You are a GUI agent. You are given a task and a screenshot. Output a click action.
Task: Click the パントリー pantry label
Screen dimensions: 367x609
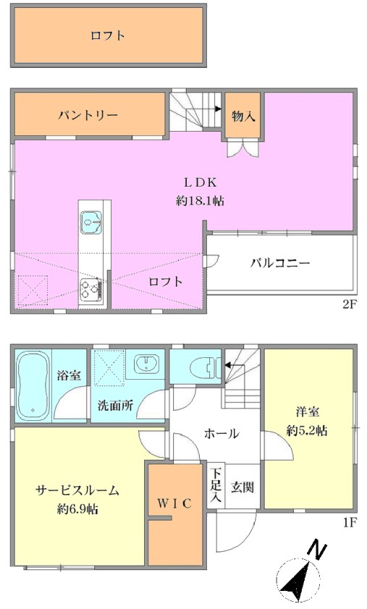(88, 115)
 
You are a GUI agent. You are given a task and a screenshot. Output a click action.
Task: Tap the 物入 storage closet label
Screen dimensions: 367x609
(243, 115)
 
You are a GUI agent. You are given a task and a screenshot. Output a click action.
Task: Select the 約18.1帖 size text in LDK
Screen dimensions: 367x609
(201, 200)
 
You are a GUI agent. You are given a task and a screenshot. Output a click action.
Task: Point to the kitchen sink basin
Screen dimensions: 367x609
(91, 223)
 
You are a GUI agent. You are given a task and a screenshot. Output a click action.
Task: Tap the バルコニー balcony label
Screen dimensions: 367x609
(280, 263)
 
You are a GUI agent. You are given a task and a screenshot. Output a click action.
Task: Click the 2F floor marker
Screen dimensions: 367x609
(349, 304)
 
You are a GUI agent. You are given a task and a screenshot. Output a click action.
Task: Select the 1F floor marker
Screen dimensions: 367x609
(350, 522)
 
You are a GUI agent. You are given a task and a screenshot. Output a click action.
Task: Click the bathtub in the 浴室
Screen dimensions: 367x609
(33, 386)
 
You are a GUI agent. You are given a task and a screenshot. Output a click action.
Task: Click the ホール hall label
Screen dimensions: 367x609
(222, 433)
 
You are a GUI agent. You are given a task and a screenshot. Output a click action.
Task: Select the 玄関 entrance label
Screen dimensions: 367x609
(242, 487)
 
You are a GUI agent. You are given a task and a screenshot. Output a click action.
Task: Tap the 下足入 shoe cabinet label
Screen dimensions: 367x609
(216, 485)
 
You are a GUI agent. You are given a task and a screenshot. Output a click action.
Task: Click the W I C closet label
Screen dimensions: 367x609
(175, 503)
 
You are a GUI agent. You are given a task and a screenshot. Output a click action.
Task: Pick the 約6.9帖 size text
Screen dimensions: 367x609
(77, 508)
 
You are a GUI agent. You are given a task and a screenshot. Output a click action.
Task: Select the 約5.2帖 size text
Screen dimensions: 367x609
(307, 430)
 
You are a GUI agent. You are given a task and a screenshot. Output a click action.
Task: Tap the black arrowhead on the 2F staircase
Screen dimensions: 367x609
(218, 109)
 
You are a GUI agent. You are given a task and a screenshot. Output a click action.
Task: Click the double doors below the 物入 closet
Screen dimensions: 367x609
(243, 148)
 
